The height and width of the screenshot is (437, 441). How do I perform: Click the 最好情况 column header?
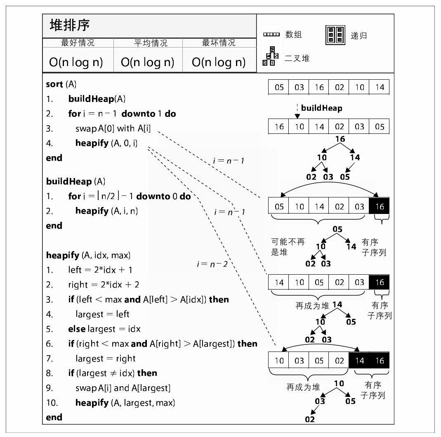point(78,43)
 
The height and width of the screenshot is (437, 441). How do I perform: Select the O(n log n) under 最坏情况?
point(219,62)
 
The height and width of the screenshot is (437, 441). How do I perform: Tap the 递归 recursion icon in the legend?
point(335,35)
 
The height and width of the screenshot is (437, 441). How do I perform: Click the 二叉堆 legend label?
point(297,58)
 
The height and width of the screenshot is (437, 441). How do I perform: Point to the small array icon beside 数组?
point(272,35)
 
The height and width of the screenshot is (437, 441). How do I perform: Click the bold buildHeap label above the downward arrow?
point(321,108)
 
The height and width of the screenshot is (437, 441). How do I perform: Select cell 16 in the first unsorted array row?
point(319,88)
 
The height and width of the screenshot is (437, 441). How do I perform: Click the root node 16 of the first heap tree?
point(340,139)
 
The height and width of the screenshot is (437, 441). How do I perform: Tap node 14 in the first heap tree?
point(355,157)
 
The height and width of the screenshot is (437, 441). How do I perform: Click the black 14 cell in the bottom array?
point(359,361)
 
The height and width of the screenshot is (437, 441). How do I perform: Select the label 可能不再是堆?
point(287,247)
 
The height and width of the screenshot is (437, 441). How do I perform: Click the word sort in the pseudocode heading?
point(54,84)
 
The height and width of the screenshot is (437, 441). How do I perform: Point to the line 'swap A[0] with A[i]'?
point(113,128)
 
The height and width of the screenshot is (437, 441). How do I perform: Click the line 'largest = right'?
point(106,359)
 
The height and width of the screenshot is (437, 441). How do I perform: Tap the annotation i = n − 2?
point(212,264)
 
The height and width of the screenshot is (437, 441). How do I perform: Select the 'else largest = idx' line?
point(104,329)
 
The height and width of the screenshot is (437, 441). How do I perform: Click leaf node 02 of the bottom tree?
point(310,419)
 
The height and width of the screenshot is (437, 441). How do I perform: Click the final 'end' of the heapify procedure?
point(54,417)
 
